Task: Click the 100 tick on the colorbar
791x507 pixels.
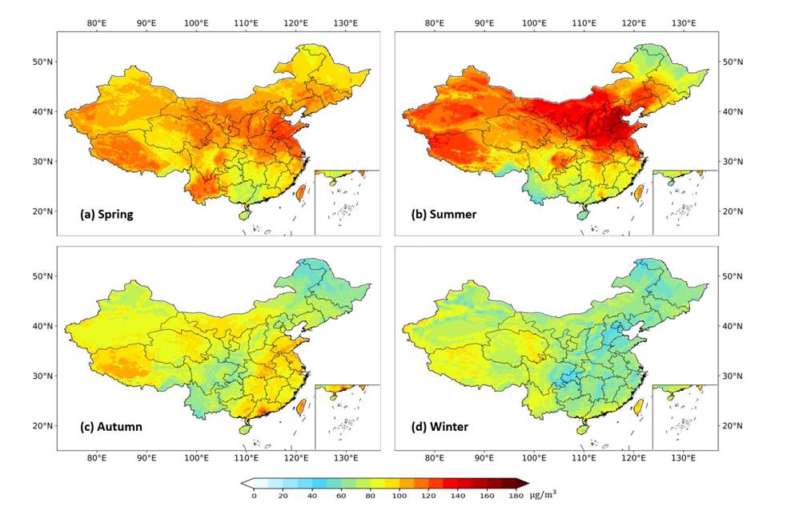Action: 391,497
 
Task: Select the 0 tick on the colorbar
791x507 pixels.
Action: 255,497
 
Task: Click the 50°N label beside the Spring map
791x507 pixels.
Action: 43,62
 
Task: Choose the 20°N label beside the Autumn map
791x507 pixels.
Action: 43,425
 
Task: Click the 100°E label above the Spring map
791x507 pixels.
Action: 197,22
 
